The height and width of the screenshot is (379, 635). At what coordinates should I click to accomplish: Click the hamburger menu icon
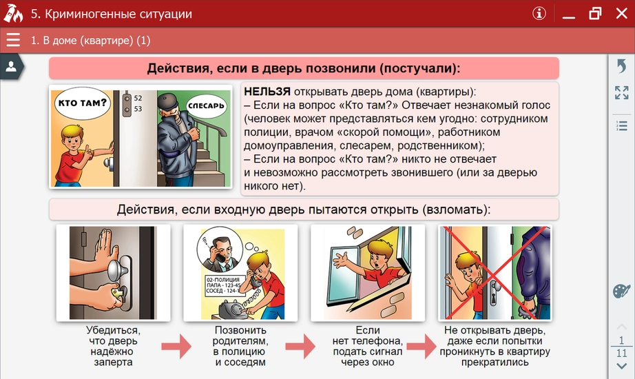[13, 40]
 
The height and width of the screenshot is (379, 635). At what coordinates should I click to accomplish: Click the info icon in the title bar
[539, 14]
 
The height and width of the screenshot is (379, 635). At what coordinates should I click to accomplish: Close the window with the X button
[621, 13]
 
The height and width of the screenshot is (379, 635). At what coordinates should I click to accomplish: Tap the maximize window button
[595, 13]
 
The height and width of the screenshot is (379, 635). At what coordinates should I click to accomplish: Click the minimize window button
[568, 14]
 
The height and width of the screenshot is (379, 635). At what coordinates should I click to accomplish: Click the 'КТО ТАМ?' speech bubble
[82, 104]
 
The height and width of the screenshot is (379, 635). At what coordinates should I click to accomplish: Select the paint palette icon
[621, 291]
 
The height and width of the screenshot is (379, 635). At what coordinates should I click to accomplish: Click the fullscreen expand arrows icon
[621, 93]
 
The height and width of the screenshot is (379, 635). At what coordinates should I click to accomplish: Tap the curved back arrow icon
[621, 66]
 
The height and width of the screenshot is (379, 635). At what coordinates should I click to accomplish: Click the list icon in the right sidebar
[621, 125]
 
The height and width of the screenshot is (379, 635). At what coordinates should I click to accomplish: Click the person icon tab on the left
[11, 66]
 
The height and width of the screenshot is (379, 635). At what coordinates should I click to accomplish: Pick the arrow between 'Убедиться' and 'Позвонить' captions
[176, 347]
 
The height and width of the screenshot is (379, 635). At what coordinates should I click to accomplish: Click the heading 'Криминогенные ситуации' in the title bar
[111, 14]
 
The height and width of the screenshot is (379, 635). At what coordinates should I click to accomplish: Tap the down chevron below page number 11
[621, 366]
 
